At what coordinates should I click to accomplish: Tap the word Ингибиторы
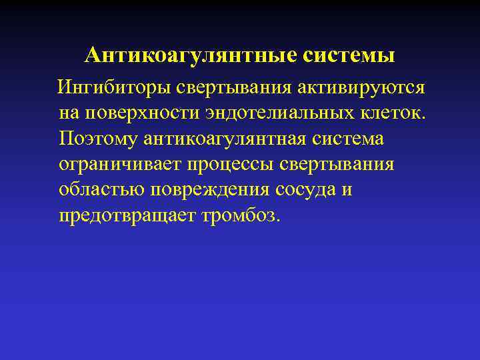coord(115,88)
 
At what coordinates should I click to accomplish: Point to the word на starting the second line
coord(68,114)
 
